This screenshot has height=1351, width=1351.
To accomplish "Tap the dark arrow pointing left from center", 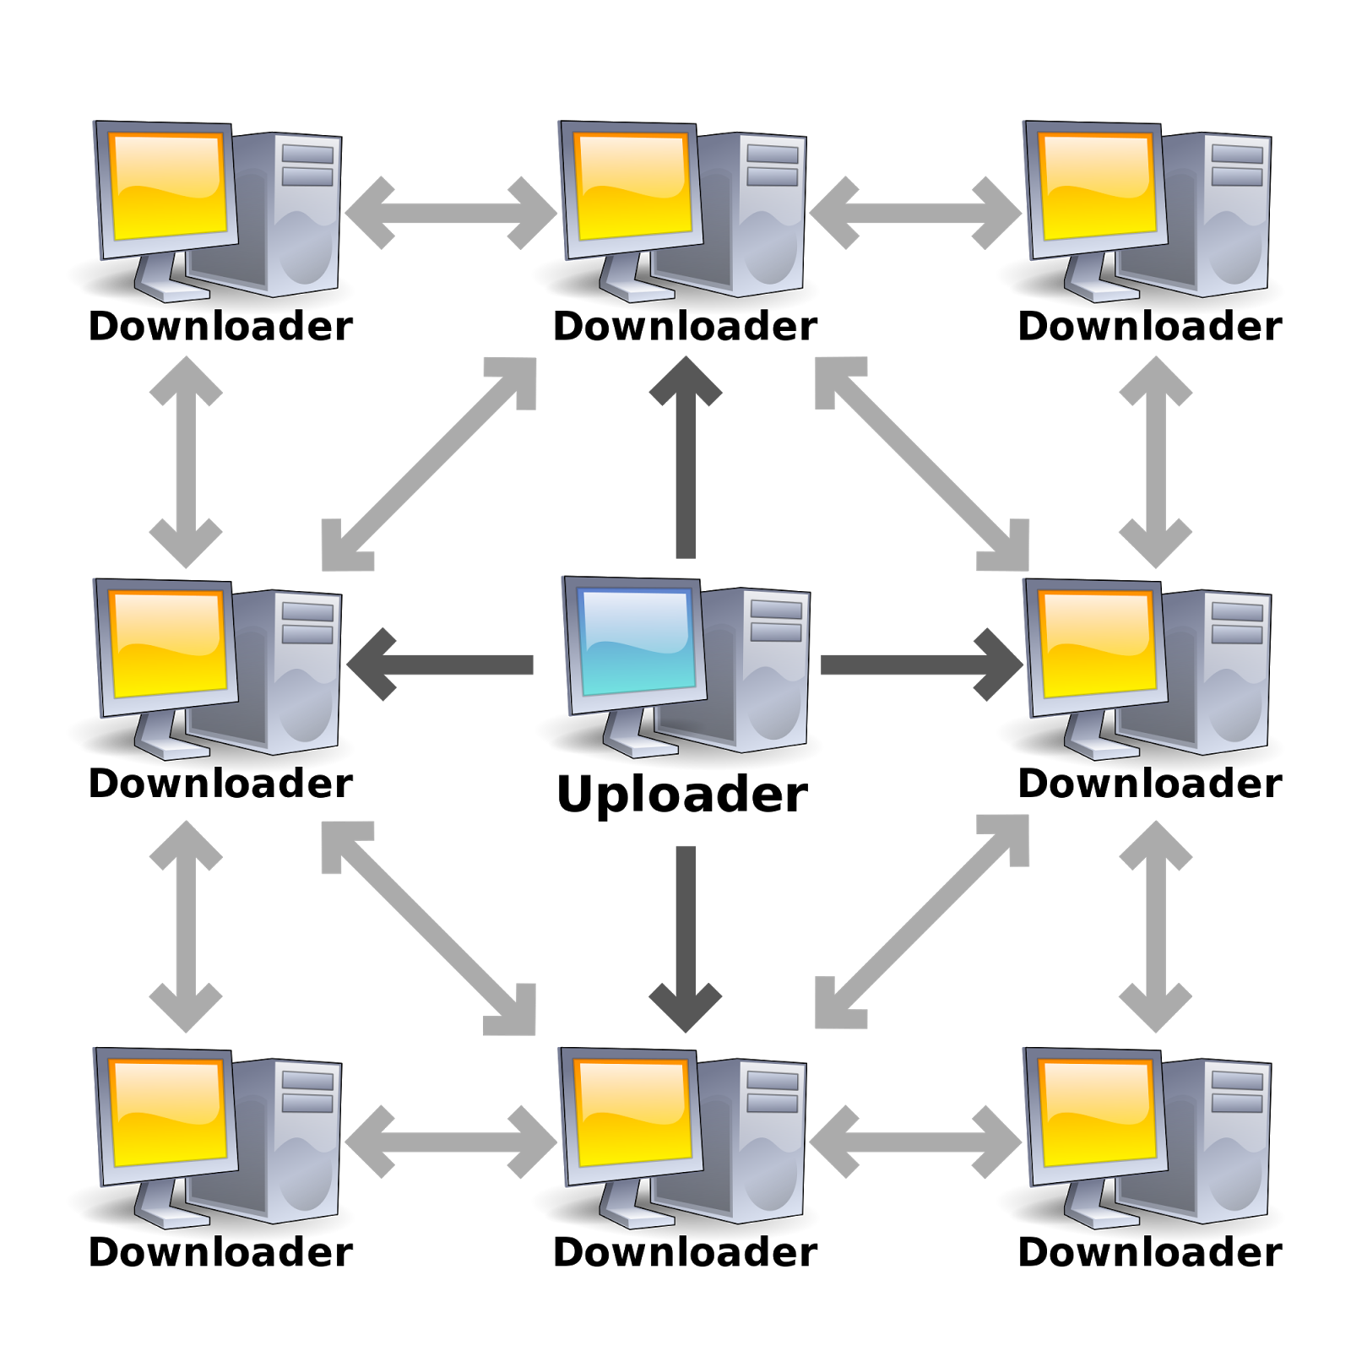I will coord(439,665).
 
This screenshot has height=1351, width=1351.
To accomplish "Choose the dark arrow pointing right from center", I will coord(920,665).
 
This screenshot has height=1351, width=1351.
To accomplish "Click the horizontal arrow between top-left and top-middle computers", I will coord(451,213).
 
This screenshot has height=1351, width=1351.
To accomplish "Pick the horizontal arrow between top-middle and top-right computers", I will coord(915,213).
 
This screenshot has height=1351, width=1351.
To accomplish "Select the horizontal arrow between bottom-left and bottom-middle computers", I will coord(451,1142).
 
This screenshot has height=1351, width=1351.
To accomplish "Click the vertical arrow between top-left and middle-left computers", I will coord(186,462).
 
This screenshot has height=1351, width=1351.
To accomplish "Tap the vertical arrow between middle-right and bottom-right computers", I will coord(1155,926).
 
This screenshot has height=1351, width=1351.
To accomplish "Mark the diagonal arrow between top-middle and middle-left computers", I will coord(429,464).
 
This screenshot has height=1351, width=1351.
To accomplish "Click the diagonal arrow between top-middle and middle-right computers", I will coord(922,464).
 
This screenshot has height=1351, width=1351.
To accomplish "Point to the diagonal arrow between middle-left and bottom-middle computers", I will coord(429,927).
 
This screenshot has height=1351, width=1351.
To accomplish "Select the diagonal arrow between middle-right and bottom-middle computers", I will coord(922,922).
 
